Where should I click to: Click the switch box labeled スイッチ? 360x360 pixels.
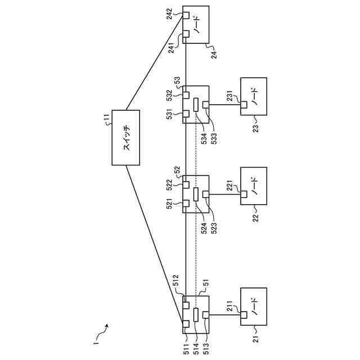click(126, 137)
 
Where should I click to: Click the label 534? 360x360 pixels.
click(204, 138)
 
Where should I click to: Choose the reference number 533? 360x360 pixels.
click(214, 138)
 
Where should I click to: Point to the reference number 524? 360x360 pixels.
click(204, 228)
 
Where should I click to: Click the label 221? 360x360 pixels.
click(230, 186)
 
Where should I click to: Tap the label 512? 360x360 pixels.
click(175, 280)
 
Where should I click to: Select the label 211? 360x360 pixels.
click(230, 306)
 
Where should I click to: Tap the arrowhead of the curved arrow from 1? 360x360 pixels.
click(107, 326)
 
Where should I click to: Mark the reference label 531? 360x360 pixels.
click(169, 114)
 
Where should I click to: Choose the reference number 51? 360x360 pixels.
click(206, 283)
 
